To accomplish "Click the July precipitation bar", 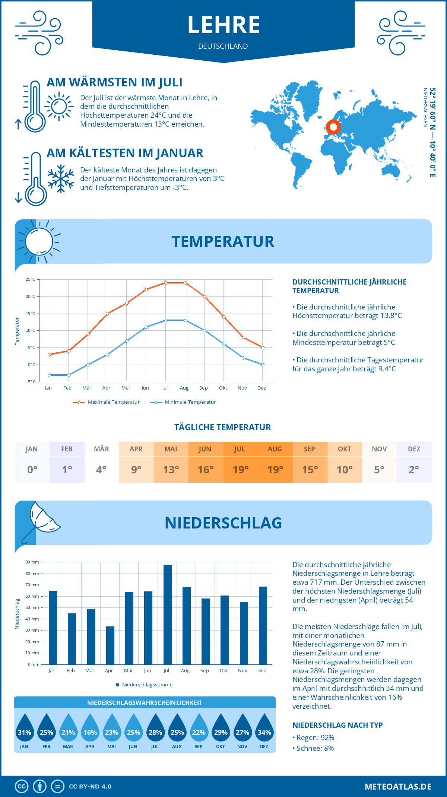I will (168, 615).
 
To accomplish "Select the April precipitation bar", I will (110, 645).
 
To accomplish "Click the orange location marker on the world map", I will (333, 127).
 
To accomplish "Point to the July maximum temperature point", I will (166, 283).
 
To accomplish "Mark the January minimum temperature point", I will (49, 375).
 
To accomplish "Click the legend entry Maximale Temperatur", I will (107, 402).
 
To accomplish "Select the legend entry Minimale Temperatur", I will (183, 402).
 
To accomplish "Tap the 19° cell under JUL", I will (241, 470).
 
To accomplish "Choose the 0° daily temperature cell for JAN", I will (32, 470).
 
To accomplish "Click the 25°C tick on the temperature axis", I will (31, 279).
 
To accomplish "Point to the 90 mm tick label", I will (32, 562).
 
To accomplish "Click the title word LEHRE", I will (223, 25).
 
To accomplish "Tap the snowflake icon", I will (61, 179).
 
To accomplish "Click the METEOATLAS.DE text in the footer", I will (398, 787).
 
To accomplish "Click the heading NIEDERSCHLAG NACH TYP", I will (337, 725).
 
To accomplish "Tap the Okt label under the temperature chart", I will (223, 388).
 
